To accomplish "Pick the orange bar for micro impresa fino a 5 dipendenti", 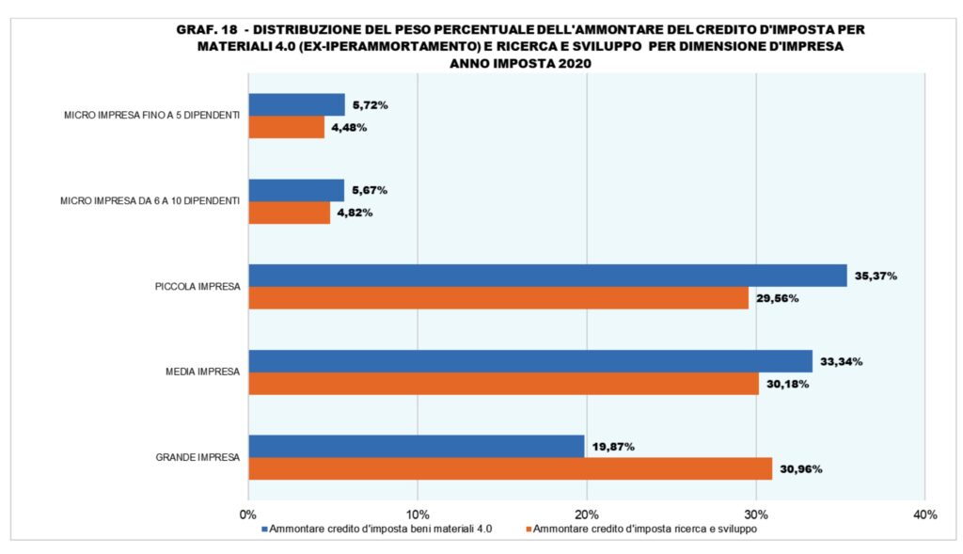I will [286, 127].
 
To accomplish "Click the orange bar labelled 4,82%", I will [289, 213].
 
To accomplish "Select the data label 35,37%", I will [876, 277].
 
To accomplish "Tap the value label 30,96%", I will [800, 468].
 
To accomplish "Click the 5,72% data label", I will [368, 104].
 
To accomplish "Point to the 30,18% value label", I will [786, 384].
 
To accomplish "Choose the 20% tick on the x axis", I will [587, 514].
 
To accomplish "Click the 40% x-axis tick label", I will [924, 514].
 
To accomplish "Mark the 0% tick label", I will [248, 514].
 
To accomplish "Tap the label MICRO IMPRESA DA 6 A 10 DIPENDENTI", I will [150, 201].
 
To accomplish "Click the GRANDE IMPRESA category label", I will [197, 458].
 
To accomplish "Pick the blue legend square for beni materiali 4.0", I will [265, 530].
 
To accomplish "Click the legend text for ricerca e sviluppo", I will [648, 530].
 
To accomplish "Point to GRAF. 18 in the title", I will [203, 29].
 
